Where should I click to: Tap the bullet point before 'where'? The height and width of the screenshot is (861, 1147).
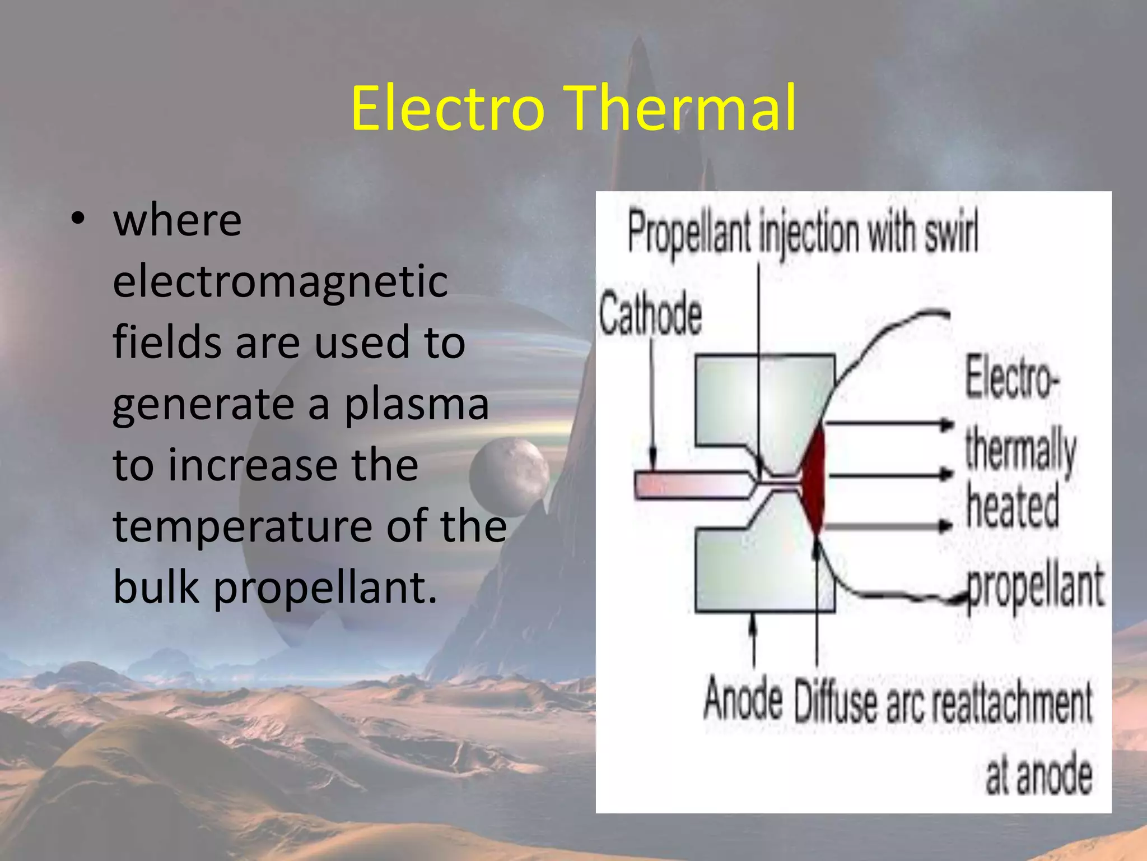click(78, 219)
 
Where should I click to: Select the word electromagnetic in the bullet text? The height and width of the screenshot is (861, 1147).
click(280, 281)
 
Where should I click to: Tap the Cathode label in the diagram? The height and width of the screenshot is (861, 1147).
click(650, 314)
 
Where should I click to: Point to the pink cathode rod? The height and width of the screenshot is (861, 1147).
click(689, 484)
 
